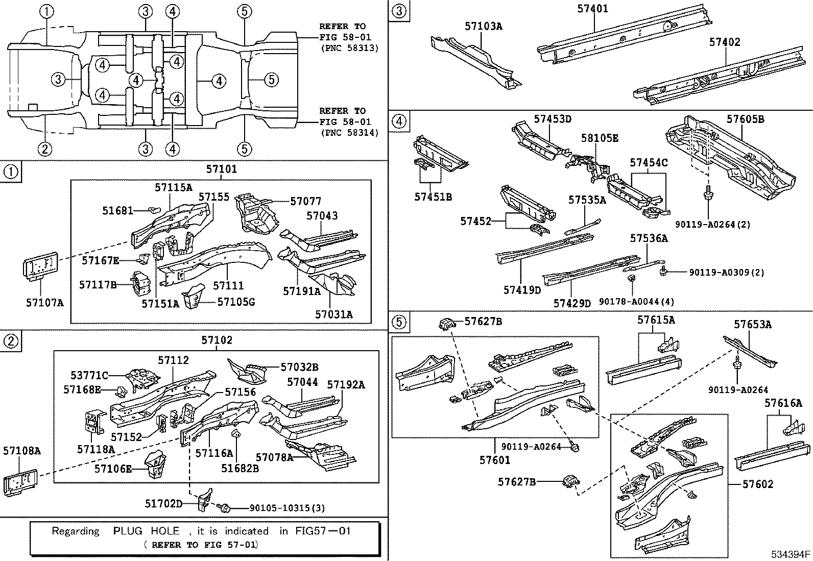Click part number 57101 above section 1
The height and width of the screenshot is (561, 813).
221,169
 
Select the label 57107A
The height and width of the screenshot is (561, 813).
45,302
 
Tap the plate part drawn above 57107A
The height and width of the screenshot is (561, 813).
40,266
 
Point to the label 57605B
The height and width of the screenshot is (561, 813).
745,119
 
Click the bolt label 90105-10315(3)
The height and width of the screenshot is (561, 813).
287,508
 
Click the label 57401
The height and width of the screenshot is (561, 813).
593,9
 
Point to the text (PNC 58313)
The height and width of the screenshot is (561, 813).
349,48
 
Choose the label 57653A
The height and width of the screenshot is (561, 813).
753,324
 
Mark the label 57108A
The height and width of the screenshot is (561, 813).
21,451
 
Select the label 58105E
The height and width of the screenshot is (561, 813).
600,138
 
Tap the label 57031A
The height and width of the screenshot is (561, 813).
333,314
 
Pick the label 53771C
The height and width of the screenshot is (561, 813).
89,376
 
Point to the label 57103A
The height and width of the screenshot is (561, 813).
483,26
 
